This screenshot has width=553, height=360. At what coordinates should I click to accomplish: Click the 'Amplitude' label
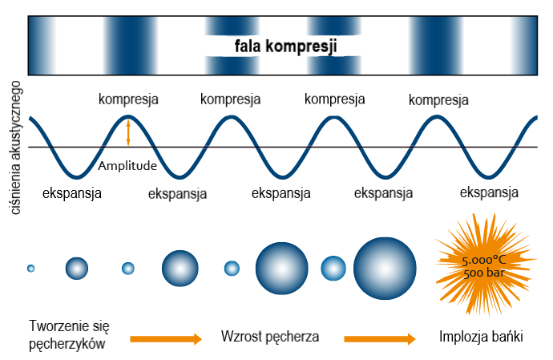[x=127, y=166]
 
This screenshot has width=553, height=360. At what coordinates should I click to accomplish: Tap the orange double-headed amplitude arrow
[x=128, y=132]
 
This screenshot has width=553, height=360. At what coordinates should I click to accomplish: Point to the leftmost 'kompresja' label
[x=128, y=99]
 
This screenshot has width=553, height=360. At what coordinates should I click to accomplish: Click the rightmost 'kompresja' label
[x=438, y=100]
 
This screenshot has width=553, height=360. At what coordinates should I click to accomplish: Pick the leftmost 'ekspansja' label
[x=72, y=192]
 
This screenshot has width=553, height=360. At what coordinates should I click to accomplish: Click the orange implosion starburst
[x=478, y=265]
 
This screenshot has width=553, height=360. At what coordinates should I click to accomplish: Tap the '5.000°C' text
[x=485, y=261]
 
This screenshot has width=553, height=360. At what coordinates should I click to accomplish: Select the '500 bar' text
[x=482, y=273]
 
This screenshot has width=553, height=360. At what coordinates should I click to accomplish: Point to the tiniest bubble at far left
[x=31, y=268]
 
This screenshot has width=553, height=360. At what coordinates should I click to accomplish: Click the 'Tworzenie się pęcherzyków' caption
[x=67, y=334]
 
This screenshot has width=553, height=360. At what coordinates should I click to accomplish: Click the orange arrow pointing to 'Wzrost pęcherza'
[x=166, y=339]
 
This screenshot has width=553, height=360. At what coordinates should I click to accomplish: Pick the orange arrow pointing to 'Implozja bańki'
[x=380, y=339]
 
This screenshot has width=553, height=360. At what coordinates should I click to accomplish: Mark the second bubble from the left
[x=77, y=268]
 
